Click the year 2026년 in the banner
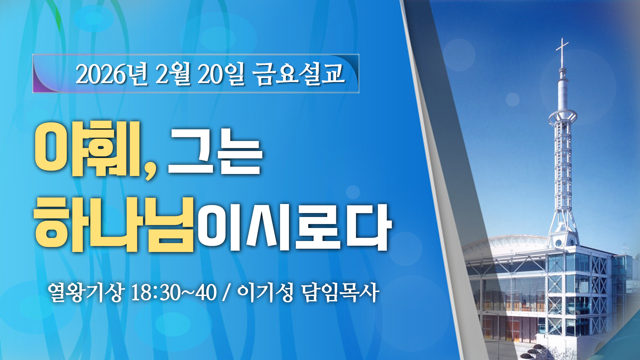[x=111, y=74]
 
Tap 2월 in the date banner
[x=173, y=74]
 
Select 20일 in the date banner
[x=221, y=74]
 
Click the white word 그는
[x=215, y=152]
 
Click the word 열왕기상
[x=86, y=292]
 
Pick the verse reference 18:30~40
[x=174, y=293]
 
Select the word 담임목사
[x=340, y=292]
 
